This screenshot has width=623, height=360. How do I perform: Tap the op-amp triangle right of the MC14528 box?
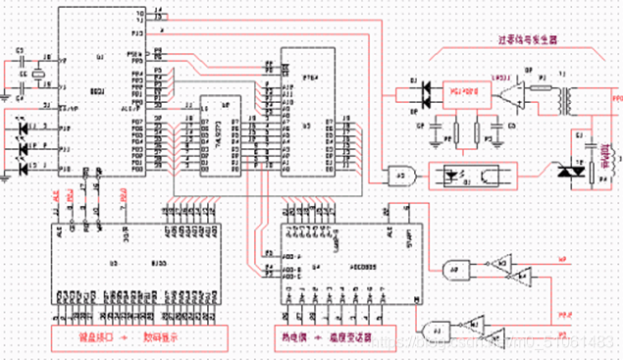click(508, 97)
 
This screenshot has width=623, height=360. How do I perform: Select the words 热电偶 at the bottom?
click(286, 336)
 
